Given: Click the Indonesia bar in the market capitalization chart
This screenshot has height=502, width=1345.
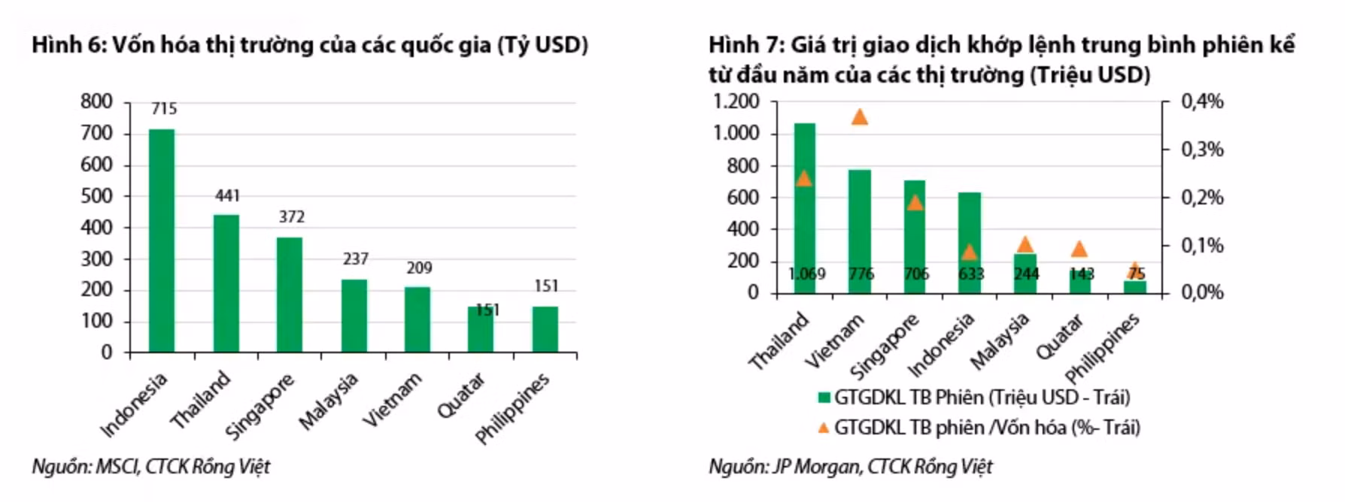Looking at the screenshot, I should [x=162, y=240].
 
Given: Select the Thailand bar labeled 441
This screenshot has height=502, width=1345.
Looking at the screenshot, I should [x=226, y=283].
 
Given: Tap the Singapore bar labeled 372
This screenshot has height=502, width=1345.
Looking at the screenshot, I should [x=290, y=295].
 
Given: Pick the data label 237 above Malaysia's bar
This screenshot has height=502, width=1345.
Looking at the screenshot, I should [x=355, y=259].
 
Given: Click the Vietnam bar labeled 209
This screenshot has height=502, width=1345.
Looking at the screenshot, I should [x=417, y=319].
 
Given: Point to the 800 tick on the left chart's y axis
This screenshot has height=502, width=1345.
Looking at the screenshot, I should [x=96, y=101].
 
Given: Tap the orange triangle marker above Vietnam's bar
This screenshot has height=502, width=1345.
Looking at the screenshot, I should [x=859, y=116].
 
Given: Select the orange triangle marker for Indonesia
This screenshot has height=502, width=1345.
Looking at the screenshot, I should [x=969, y=252].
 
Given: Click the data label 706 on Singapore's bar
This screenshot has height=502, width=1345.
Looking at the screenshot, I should [x=915, y=274].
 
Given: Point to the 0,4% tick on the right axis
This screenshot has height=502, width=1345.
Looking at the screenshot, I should [x=1202, y=101].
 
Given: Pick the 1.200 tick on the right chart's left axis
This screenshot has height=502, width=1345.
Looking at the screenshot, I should [x=736, y=101].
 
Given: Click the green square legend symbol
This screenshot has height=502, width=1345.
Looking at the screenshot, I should [x=824, y=398].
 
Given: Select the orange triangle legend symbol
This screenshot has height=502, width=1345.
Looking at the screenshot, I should [x=824, y=428].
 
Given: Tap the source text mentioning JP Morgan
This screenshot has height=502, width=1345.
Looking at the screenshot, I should [x=850, y=467].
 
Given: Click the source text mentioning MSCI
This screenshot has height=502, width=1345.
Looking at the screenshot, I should [x=150, y=467].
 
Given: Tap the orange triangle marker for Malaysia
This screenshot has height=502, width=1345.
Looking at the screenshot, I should [x=1025, y=244].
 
